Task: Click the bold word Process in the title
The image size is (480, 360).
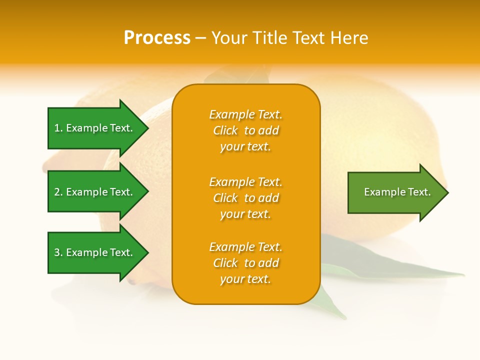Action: pyautogui.click(x=157, y=38)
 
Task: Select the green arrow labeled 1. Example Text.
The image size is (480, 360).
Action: pyautogui.click(x=95, y=128)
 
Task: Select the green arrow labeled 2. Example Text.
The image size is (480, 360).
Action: pyautogui.click(x=95, y=192)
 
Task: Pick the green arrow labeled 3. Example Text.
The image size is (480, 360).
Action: pyautogui.click(x=95, y=252)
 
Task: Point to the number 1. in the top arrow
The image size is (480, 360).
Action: pyautogui.click(x=58, y=128)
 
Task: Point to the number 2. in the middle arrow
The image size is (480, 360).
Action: pyautogui.click(x=58, y=192)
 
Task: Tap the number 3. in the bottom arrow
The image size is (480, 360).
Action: pyautogui.click(x=58, y=252)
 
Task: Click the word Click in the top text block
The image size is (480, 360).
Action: pyautogui.click(x=225, y=131)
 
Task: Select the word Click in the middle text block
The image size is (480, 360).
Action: pyautogui.click(x=225, y=198)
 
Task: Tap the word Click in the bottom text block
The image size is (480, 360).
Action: pyautogui.click(x=225, y=263)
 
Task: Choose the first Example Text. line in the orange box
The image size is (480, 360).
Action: pyautogui.click(x=245, y=115)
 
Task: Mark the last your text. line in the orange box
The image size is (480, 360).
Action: pyautogui.click(x=245, y=279)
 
